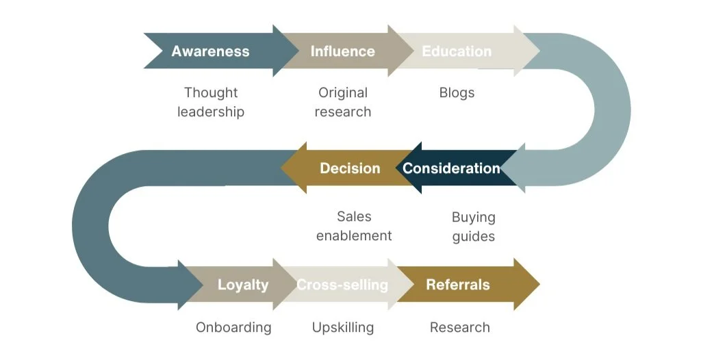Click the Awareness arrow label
point(210,51)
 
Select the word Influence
point(342,51)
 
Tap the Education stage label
point(457,51)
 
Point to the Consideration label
point(451,168)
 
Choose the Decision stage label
point(350,168)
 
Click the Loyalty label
point(243,285)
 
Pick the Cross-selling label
point(342,285)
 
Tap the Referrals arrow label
point(458,285)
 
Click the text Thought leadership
point(211,102)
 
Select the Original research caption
point(343,102)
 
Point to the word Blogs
point(457,92)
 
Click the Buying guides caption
point(473,227)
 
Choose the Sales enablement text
point(354,226)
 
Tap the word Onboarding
point(233,327)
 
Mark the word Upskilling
point(343,327)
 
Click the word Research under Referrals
point(459,327)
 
